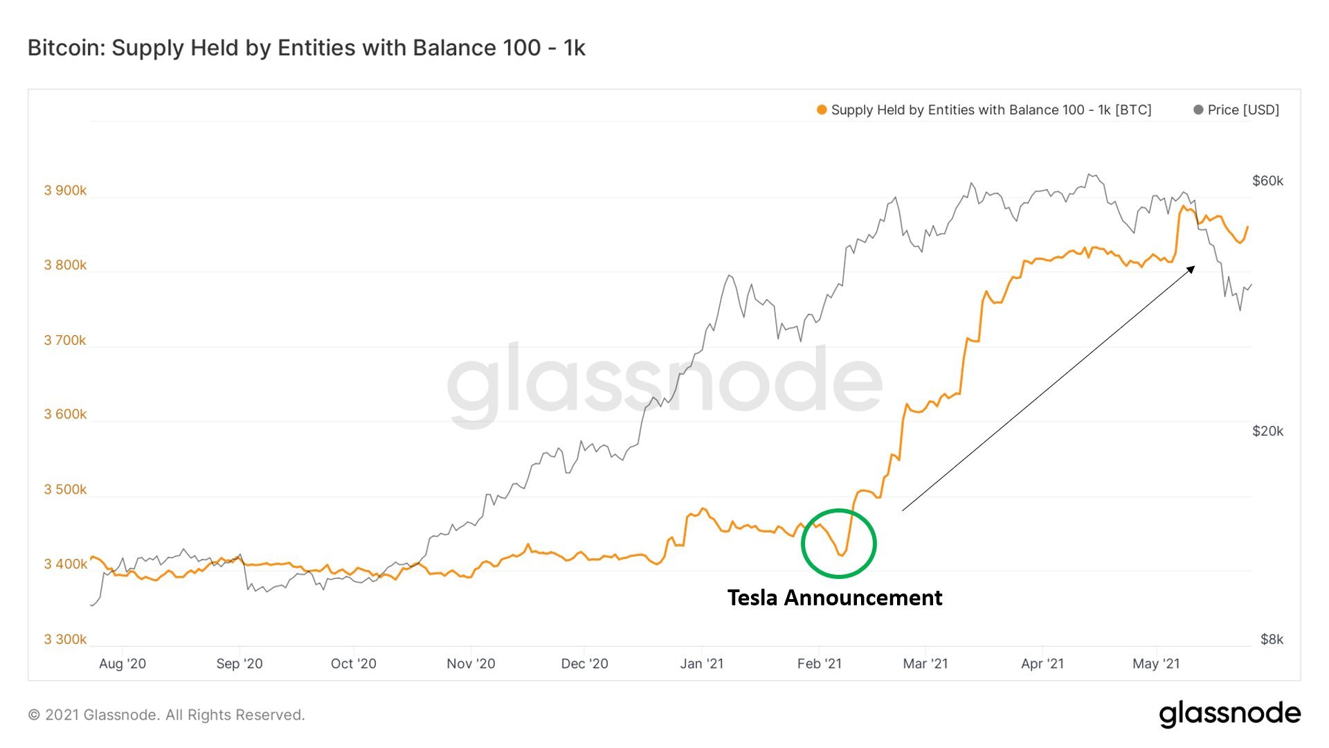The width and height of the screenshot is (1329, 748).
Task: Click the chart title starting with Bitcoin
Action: coord(306,48)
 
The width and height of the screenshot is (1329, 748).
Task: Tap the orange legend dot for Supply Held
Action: coord(822,110)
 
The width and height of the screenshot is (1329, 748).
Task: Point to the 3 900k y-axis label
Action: coord(65,190)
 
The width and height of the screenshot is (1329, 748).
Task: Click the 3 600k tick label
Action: coord(65,414)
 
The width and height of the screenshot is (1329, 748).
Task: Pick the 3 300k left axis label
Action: coord(65,639)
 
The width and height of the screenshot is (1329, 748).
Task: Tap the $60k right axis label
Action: coord(1267,181)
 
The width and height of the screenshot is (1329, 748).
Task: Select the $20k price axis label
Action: coord(1267,431)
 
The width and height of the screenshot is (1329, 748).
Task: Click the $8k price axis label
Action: coord(1272,639)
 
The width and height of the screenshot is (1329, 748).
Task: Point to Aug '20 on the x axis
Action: coord(123,664)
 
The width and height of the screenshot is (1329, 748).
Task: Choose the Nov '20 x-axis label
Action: coord(471,664)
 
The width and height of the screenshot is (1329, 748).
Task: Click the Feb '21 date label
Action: coord(819,664)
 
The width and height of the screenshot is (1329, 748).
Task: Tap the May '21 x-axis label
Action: coord(1156,664)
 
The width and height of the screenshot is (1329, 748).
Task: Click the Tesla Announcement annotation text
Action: coord(834,598)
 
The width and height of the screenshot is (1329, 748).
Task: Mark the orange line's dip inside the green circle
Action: coord(842,555)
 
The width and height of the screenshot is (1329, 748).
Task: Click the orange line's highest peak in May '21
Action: coord(1182,206)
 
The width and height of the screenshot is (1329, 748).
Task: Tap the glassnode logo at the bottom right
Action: coord(1229,714)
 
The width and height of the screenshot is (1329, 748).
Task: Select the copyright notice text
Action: coord(166,715)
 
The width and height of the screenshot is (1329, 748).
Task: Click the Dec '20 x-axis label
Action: coord(584,664)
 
